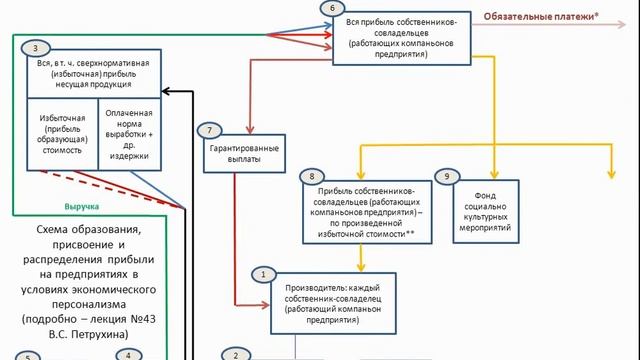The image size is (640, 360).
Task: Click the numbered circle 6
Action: [x=332, y=8]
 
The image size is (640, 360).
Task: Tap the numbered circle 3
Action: [x=36, y=49]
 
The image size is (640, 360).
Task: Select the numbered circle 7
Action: [x=209, y=130]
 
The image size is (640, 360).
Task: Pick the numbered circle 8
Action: [x=312, y=176]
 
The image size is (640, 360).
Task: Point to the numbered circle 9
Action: [x=447, y=176]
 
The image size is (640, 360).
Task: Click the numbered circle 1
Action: [x=263, y=274]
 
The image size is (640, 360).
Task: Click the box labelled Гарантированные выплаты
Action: [x=244, y=153]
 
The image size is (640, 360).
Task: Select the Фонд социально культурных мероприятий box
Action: [x=486, y=211]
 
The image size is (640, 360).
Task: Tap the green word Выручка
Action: [x=82, y=207]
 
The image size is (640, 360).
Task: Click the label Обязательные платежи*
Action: [x=541, y=17]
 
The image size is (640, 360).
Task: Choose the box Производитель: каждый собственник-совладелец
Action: [x=333, y=304]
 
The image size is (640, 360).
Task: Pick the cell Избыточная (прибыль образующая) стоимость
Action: [x=62, y=134]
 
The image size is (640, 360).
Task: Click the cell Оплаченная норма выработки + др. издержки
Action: [x=129, y=134]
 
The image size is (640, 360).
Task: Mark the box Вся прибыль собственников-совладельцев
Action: [x=402, y=38]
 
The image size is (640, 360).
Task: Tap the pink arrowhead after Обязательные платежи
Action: [x=622, y=24]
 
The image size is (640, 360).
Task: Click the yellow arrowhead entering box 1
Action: [x=361, y=267]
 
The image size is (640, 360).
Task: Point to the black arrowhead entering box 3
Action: [x=166, y=91]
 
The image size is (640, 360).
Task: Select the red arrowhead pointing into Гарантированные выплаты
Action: [x=250, y=130]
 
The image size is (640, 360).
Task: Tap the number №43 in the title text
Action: [x=143, y=319]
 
